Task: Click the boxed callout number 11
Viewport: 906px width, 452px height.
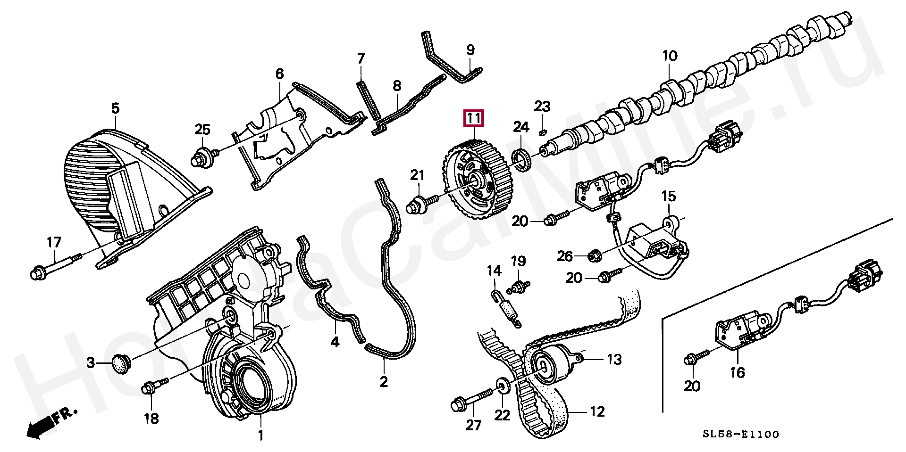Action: pyautogui.click(x=473, y=118)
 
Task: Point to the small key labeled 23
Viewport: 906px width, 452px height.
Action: pyautogui.click(x=543, y=131)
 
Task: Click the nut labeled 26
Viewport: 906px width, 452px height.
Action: pyautogui.click(x=594, y=256)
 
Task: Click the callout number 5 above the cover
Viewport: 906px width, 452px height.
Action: pyautogui.click(x=115, y=108)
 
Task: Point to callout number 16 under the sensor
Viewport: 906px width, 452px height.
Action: pyautogui.click(x=737, y=373)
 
